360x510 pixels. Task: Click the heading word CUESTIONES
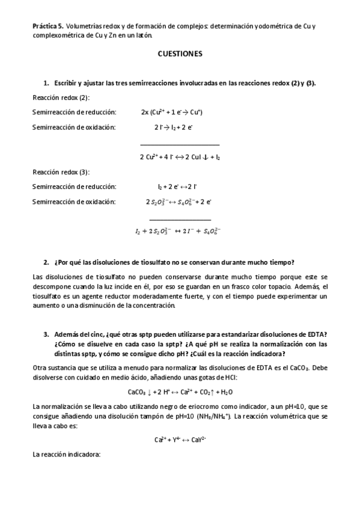coord(180,54)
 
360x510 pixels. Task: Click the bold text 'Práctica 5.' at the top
coord(47,27)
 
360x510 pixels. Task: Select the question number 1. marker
coord(46,83)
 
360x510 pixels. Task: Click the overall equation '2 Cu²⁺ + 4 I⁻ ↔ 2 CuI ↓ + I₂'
coord(180,157)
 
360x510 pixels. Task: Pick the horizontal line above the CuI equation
coord(180,145)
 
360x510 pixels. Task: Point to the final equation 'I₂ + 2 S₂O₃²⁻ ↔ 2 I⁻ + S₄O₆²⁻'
coord(178,232)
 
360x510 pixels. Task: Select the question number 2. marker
coord(46,262)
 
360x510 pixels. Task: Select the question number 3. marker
coord(46,334)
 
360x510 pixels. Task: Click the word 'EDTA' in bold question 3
coord(323,334)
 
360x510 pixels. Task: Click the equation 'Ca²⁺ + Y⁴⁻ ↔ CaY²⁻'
coord(180,439)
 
